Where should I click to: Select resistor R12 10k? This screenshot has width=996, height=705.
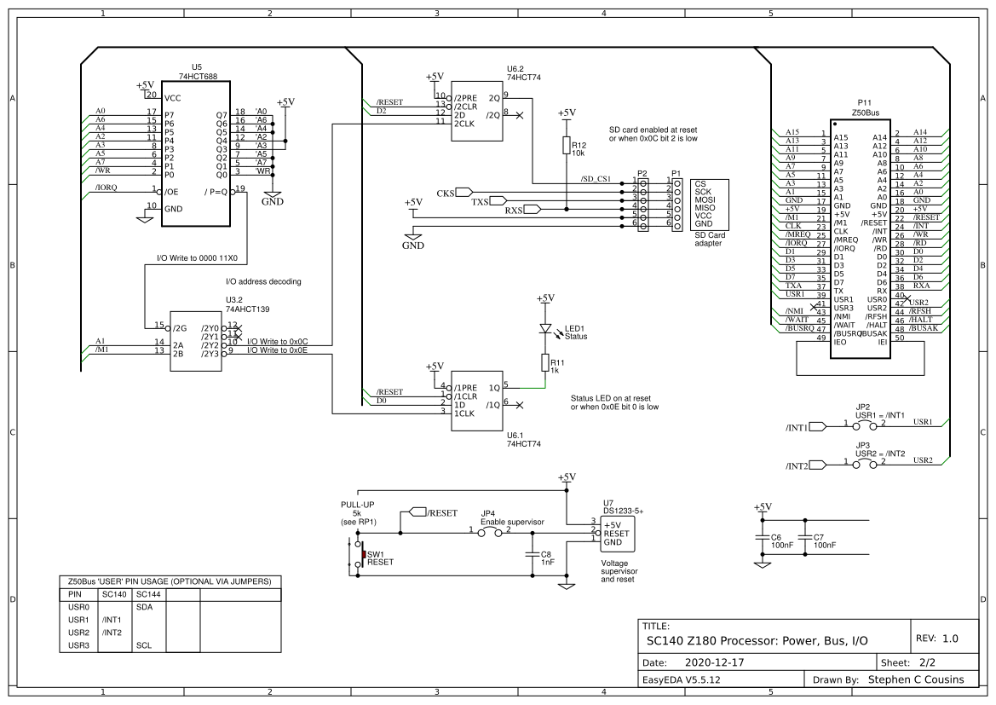pos(567,146)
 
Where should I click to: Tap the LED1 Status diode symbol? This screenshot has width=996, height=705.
pos(546,328)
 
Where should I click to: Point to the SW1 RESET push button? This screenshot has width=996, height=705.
pos(361,556)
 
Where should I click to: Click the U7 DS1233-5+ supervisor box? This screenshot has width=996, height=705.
pos(619,534)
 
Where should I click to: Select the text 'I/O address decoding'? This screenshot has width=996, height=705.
pos(263,281)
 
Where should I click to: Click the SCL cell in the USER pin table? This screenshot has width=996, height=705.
pos(144,645)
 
